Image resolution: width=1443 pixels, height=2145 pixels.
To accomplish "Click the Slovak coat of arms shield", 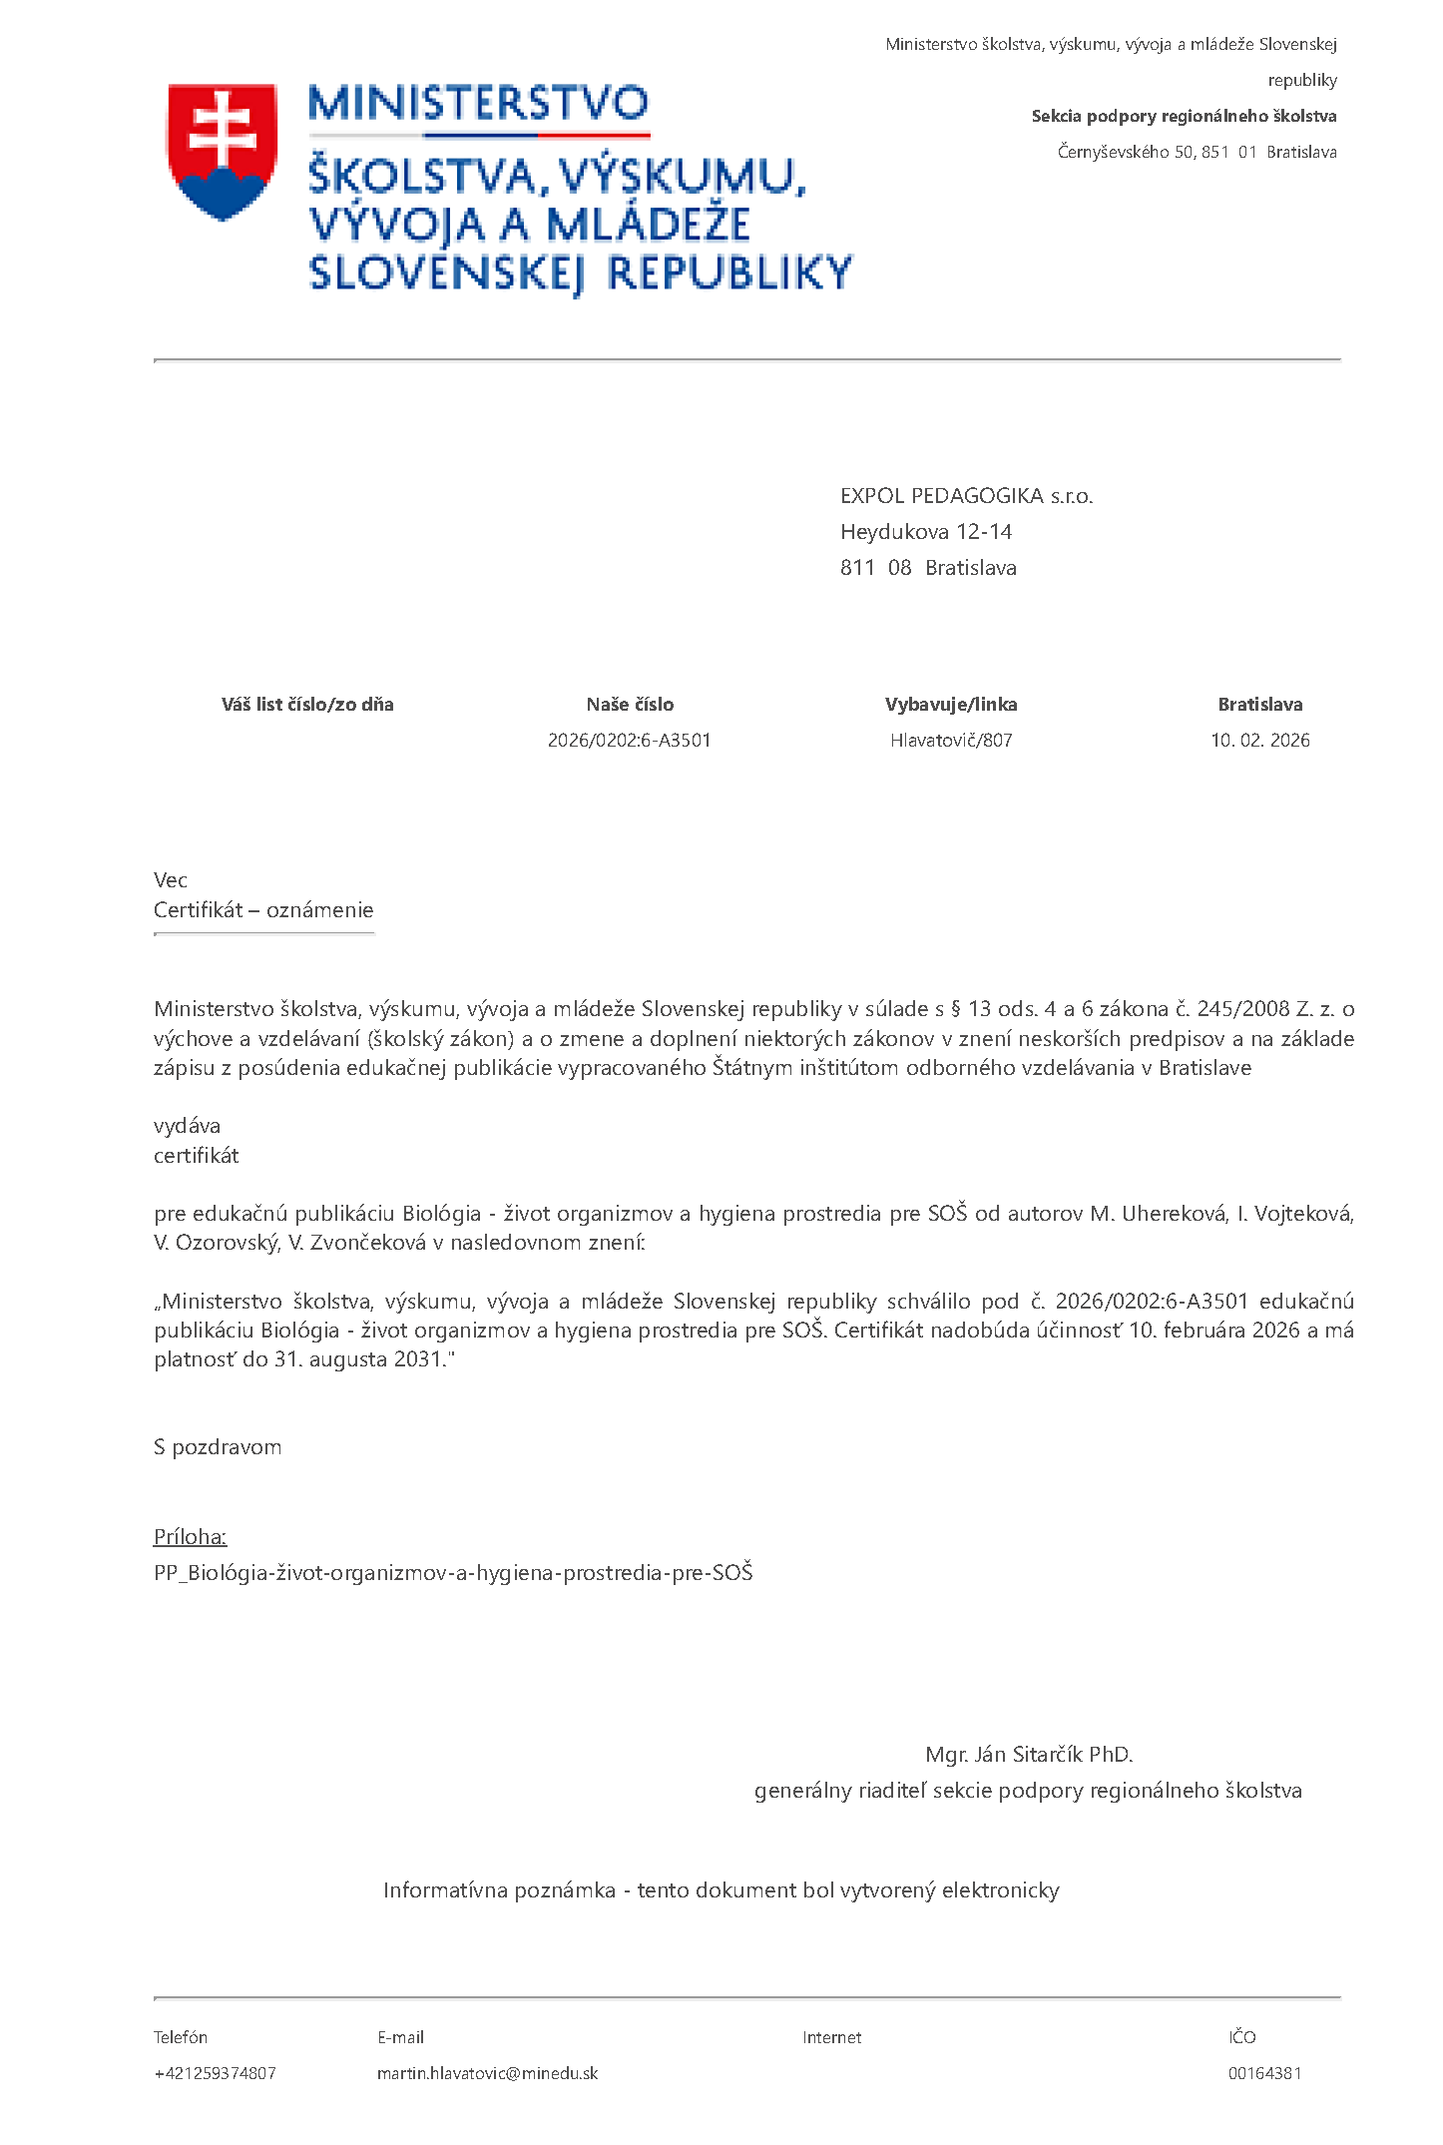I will pyautogui.click(x=222, y=150).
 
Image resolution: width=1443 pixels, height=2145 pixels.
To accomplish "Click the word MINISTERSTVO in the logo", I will pyautogui.click(x=478, y=104).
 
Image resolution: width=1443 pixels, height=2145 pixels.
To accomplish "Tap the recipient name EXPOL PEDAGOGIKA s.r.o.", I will pyautogui.click(x=966, y=496).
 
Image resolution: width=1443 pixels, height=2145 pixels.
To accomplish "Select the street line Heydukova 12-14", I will pyautogui.click(x=925, y=532).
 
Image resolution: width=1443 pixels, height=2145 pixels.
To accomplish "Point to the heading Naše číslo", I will pyautogui.click(x=630, y=705).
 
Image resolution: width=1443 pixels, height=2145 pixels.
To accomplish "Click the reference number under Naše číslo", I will pyautogui.click(x=629, y=741).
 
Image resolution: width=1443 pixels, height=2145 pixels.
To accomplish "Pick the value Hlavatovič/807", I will pyautogui.click(x=951, y=741).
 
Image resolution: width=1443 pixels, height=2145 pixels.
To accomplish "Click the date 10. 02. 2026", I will pyautogui.click(x=1259, y=741).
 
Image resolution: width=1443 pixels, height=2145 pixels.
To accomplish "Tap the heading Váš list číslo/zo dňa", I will pyautogui.click(x=307, y=705).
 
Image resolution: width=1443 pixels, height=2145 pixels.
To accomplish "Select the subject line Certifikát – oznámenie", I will pyautogui.click(x=263, y=910).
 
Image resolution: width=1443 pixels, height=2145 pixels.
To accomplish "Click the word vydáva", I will pyautogui.click(x=187, y=1126).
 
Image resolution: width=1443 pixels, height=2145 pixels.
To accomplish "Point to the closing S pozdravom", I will pyautogui.click(x=218, y=1447).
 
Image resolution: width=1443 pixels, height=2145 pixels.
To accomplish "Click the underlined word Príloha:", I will pyautogui.click(x=190, y=1537).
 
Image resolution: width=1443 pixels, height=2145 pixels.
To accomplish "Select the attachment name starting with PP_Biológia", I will pyautogui.click(x=453, y=1573).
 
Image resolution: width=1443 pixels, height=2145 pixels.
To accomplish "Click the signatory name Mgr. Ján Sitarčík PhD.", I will pyautogui.click(x=1029, y=1755).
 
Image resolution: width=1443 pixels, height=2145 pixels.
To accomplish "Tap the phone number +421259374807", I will pyautogui.click(x=215, y=2073).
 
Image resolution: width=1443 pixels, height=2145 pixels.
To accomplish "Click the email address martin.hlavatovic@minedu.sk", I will pyautogui.click(x=487, y=2073).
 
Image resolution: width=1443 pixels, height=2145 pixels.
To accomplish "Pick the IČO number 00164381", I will pyautogui.click(x=1264, y=2073).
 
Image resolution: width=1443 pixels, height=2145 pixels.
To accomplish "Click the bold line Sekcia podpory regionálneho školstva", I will pyautogui.click(x=1184, y=117).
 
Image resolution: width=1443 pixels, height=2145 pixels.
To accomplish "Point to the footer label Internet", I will pyautogui.click(x=831, y=2037).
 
